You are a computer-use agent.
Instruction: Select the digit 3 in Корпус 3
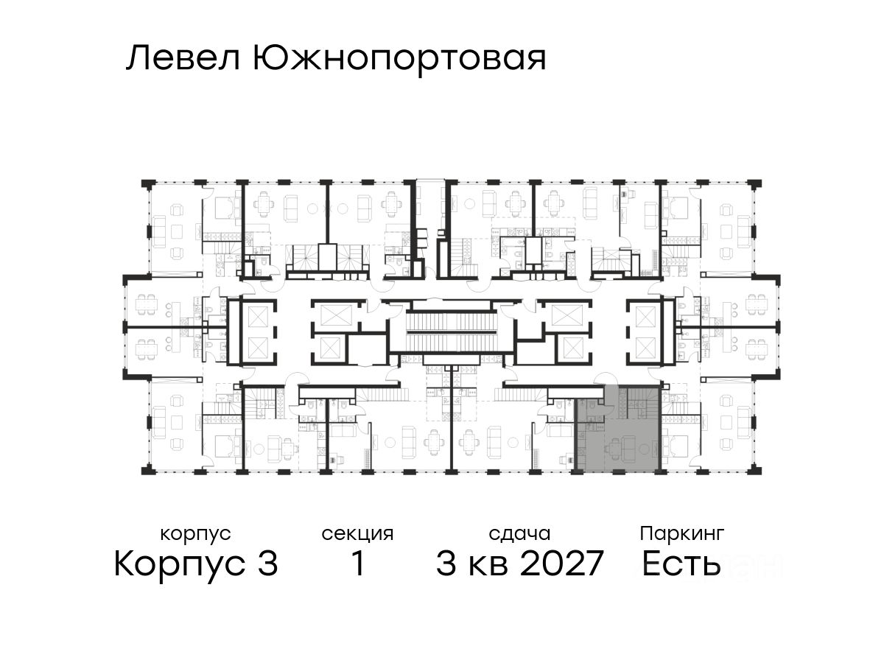pos(267,565)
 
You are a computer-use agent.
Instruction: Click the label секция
pos(357,533)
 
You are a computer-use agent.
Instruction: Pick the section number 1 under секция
pos(357,565)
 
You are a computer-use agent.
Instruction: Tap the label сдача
pos(519,533)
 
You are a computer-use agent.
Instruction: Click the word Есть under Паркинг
pos(681,565)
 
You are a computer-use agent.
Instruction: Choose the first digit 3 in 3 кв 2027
pos(446,565)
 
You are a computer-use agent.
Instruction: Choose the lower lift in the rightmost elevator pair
pos(645,346)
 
